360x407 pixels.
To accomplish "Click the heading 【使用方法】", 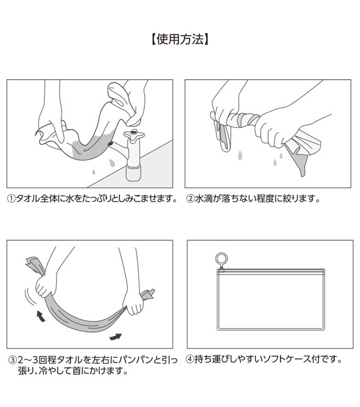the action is pos(180,40).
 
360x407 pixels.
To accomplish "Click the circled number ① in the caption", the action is pos(12,199).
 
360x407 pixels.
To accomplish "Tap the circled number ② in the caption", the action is pos(190,199).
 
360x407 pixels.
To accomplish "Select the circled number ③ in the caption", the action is pos(13,360).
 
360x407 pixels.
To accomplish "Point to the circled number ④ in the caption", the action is pos(190,360).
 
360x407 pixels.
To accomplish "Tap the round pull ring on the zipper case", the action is pos(221,259).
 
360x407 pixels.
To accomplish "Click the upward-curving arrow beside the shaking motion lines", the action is pos(40,316).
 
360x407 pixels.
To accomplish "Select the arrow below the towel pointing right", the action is pos(115,337).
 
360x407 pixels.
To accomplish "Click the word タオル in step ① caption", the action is pos(28,199).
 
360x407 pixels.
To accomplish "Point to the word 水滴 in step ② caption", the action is pos(203,199).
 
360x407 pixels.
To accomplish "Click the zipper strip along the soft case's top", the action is pos(271,271).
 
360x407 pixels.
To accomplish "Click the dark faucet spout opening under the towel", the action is pos(110,144).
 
